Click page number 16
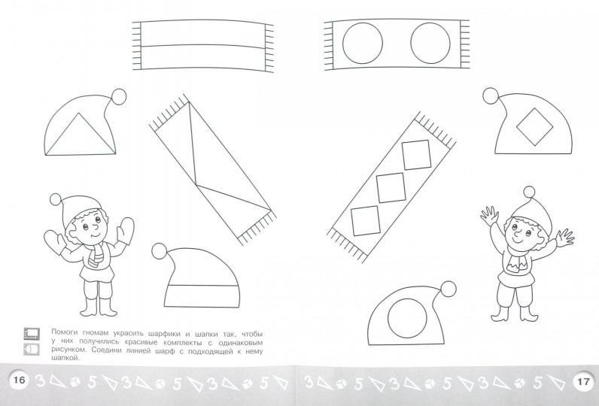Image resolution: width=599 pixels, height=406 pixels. pos(19,380)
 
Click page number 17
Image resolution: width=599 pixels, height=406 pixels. pos(583,381)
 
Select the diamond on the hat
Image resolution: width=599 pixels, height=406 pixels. pos(535,126)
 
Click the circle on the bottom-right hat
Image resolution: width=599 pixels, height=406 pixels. pos(407,318)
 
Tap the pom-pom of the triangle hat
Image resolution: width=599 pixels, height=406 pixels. pos(118,96)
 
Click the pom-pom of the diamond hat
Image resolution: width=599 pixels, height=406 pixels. pos(491,95)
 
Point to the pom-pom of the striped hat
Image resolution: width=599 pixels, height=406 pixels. pos(160,250)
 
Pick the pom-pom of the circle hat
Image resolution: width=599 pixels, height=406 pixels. pos(448,289)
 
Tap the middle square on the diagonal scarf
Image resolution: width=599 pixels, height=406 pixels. pos(391,188)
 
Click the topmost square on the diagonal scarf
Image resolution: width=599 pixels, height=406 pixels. pos(416,155)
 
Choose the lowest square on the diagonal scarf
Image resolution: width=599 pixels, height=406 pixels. pos(366,221)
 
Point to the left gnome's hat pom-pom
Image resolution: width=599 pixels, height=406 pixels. pos(56,199)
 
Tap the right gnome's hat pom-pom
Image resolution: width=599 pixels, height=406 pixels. pos(529,192)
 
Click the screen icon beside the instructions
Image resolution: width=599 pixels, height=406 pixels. pos(32,334)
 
